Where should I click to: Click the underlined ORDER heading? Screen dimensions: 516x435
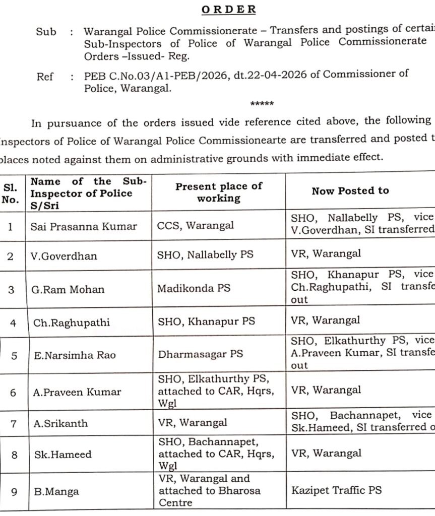point(228,10)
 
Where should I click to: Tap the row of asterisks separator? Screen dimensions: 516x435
point(262,104)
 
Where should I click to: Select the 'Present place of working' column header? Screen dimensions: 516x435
point(219,192)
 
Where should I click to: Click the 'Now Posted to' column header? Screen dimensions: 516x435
point(350,190)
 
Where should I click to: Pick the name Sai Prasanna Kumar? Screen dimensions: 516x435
point(84,226)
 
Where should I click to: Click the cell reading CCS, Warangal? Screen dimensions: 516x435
point(196,225)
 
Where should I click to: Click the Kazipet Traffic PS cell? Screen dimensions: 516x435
point(336,489)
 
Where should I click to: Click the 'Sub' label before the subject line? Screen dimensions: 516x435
point(46,32)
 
